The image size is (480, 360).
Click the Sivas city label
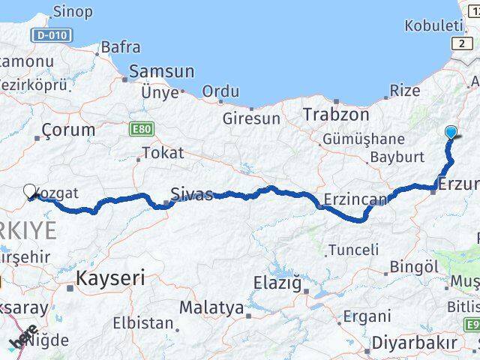192,193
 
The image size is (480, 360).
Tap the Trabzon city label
337,115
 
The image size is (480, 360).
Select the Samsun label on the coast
162,72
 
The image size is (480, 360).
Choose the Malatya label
211,307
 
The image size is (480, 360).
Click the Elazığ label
277,283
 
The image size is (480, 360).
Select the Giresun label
251,118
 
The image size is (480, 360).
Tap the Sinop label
73,11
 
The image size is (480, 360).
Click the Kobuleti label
434,25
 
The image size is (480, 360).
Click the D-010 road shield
52,36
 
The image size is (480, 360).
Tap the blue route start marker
451,133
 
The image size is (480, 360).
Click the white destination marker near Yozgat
30,192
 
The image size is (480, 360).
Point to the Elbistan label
143,324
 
